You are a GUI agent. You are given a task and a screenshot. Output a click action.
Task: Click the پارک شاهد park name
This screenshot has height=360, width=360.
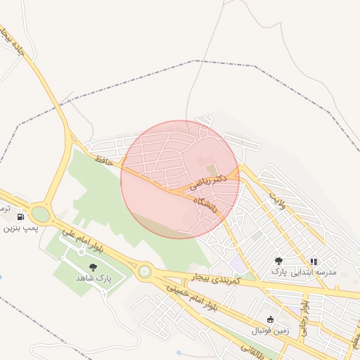tap(94, 279)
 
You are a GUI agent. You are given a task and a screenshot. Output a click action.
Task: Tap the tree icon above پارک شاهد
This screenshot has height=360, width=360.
tap(94, 267)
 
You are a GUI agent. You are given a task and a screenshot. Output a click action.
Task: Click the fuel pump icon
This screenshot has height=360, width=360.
tap(20, 217)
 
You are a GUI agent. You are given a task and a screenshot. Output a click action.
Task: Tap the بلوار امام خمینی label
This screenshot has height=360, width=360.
tap(193, 300)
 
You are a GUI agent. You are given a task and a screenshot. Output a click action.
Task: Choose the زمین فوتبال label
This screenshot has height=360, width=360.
tap(270, 330)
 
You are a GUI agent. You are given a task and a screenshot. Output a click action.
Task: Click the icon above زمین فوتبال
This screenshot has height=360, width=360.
tap(270, 319)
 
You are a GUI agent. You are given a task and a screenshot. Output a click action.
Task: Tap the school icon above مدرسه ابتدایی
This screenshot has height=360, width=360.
tap(313, 262)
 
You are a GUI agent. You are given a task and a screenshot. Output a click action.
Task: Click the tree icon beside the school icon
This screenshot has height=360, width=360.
tap(279, 261)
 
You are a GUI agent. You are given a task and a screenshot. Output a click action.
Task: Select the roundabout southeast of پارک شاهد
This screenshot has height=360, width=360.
tap(145, 271)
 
